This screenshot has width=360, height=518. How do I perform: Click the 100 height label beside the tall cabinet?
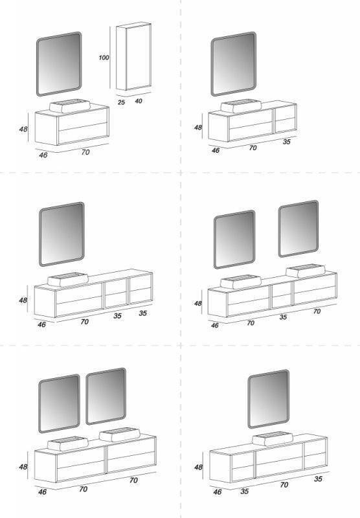(x=104, y=58)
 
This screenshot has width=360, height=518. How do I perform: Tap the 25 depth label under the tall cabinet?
(x=121, y=102)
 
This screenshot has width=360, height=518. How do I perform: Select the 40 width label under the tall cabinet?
(x=139, y=101)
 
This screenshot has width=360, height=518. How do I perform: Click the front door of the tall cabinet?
(x=139, y=56)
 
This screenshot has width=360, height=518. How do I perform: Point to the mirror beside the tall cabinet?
(x=59, y=64)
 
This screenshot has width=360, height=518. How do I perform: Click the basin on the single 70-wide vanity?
(x=70, y=106)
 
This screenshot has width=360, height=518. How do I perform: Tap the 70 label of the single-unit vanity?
(x=85, y=152)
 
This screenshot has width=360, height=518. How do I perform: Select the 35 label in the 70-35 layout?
(x=286, y=142)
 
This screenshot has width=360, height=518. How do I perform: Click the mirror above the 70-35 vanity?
(x=234, y=63)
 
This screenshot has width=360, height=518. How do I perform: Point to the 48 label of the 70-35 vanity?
(x=198, y=127)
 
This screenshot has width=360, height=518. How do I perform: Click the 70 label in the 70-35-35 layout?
(x=84, y=321)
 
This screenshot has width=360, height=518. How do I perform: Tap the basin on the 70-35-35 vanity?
(x=68, y=280)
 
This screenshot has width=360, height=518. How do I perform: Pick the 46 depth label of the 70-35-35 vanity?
(x=41, y=325)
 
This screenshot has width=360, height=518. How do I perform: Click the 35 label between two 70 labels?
(x=283, y=317)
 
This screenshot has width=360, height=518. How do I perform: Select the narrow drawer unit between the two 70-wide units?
(x=282, y=295)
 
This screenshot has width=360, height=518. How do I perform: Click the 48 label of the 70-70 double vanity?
(x=23, y=467)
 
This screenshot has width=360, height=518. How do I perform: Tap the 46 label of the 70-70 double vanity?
(x=42, y=492)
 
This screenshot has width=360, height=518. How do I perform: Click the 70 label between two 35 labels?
(x=284, y=485)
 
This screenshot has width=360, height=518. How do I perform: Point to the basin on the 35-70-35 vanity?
(x=273, y=439)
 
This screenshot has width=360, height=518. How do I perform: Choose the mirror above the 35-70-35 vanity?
(x=269, y=399)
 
